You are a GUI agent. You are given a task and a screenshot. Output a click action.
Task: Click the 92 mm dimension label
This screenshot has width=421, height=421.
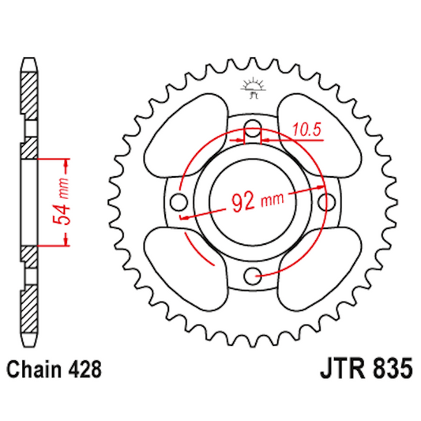pos(257,201)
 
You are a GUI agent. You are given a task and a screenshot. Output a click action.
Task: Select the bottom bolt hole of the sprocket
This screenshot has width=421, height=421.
pos(252,274)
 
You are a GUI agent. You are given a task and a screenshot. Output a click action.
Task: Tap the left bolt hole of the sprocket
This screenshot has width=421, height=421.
pos(179,201)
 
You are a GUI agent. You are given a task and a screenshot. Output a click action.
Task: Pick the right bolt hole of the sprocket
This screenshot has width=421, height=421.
pos(325,201)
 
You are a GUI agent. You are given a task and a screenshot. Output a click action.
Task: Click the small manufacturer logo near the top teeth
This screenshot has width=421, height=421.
pos(254,88)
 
